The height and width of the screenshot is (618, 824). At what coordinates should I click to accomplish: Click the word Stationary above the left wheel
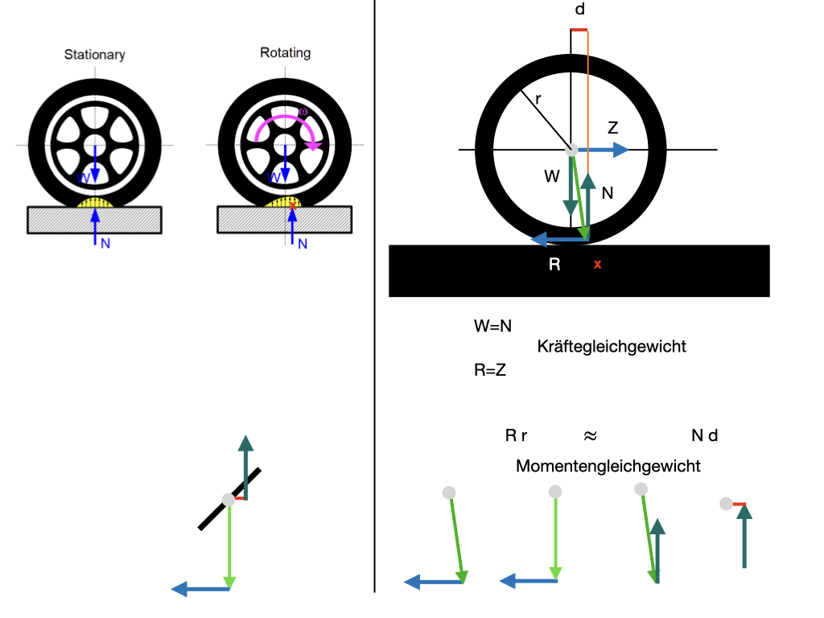click(95, 55)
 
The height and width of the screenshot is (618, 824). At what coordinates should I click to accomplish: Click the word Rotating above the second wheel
click(285, 52)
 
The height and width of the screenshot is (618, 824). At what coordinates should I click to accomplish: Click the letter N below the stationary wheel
click(105, 243)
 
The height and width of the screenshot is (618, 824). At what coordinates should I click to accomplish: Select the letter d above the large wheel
click(579, 10)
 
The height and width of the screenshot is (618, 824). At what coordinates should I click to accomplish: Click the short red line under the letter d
click(579, 30)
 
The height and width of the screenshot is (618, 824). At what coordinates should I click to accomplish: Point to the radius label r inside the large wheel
click(538, 99)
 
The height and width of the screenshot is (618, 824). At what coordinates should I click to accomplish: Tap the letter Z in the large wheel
click(612, 128)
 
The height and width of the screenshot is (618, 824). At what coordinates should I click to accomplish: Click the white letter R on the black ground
click(554, 263)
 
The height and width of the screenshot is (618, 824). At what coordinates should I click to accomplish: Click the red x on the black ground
click(597, 264)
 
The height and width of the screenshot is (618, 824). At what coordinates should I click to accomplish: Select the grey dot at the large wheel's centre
click(571, 150)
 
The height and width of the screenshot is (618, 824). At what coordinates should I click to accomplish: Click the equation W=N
click(493, 327)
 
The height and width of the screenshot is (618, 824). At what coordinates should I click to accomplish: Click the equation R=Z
click(490, 371)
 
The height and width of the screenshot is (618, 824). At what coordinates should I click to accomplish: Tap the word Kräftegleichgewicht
click(611, 347)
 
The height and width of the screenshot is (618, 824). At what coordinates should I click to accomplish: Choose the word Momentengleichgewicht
click(608, 466)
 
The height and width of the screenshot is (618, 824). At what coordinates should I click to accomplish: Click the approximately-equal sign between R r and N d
click(590, 436)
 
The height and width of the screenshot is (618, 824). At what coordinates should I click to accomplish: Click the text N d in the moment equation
click(704, 436)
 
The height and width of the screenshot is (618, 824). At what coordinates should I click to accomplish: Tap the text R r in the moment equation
click(516, 436)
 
